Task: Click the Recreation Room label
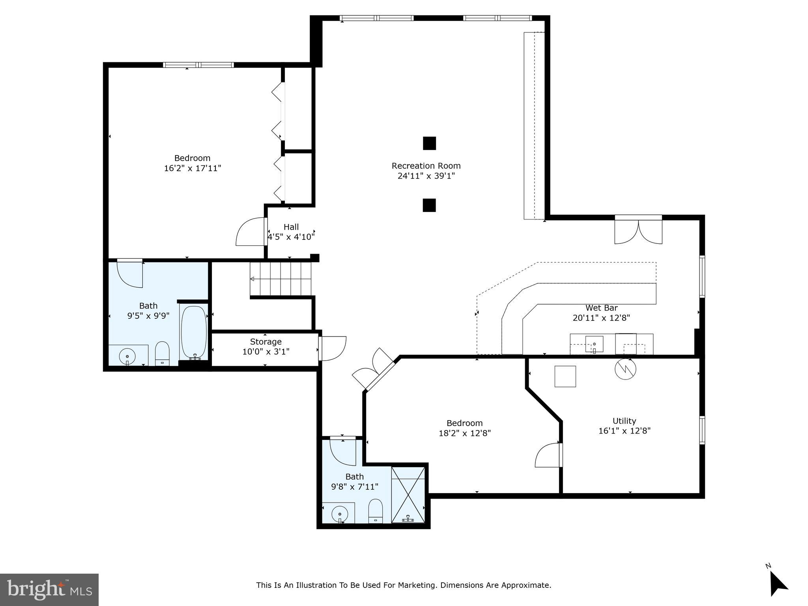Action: pos(426,166)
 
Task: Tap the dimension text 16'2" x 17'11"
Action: pos(193,168)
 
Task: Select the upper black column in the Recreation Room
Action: pos(429,143)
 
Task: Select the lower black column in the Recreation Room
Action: pos(429,205)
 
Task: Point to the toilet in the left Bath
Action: pos(162,353)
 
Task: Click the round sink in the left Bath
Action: pos(127,356)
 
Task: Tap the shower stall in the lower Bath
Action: pos(408,495)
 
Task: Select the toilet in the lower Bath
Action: pos(375,511)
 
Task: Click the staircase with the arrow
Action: pos(281,279)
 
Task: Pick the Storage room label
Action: pos(266,342)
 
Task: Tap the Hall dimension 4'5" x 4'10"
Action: pos(291,237)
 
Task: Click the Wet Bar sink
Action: pos(594,344)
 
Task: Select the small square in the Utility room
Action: pos(565,376)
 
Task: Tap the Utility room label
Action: pos(624,421)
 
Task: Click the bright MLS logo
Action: pos(49,589)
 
